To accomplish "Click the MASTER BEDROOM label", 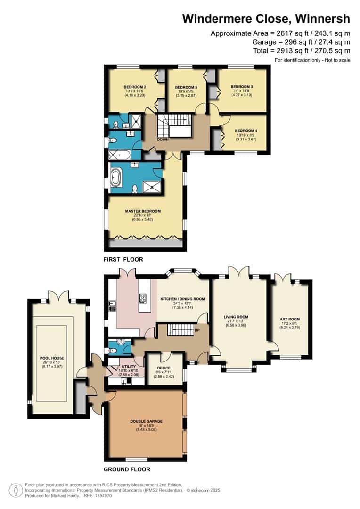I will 143,211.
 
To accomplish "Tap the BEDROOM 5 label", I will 186,87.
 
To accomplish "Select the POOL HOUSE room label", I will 51,358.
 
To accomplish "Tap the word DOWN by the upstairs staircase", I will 163,140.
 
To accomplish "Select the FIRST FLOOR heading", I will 124,260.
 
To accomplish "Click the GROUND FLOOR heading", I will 127,469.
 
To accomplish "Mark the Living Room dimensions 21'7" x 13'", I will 236,321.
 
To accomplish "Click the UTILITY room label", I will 129,366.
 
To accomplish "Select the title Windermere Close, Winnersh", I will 266,19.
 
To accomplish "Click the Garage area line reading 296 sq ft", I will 301,41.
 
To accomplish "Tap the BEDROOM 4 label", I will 245,131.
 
